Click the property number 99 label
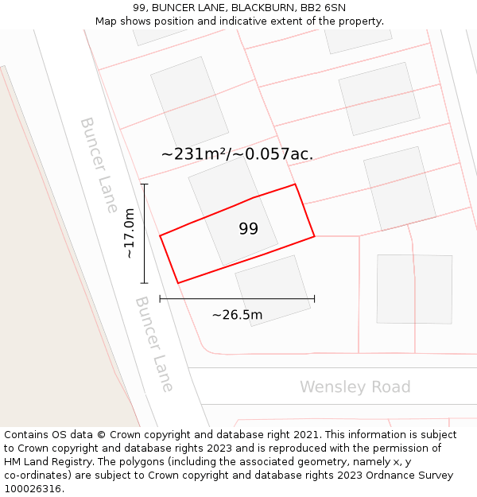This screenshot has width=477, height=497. pos(248,229)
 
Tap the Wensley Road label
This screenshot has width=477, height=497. pos(355,387)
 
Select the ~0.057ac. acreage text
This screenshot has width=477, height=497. pos(279,154)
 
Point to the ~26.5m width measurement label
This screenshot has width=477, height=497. pos(237,315)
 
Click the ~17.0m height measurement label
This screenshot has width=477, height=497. pos(130,233)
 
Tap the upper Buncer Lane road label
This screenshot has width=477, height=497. pos(99,165)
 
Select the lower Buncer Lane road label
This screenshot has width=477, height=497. pos(154,344)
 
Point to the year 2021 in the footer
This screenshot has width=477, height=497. pos(306,435)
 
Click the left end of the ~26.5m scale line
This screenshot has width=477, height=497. pos(161,299)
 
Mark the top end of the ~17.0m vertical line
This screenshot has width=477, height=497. pos(145,184)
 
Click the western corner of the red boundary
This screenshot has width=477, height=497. pos(161,235)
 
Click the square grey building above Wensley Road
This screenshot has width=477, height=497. pos(414,289)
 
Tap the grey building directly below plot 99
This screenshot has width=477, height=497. pos(273,289)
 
